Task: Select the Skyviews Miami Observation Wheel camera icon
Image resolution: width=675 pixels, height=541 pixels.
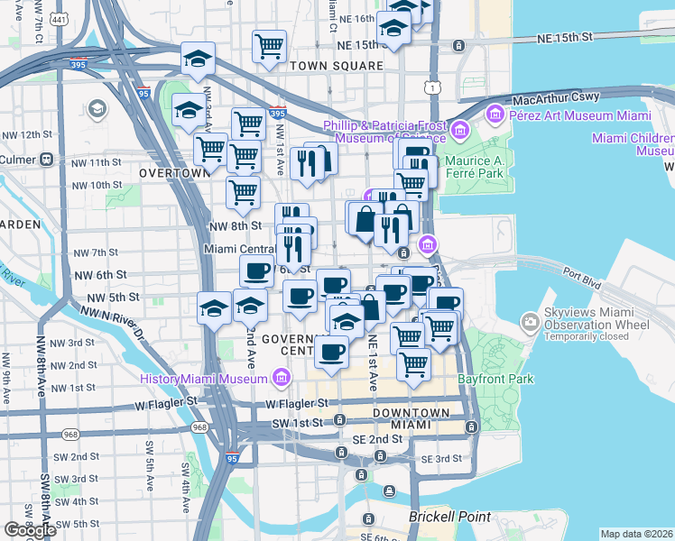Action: pyautogui.click(x=531, y=322)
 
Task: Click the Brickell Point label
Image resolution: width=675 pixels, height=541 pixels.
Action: pyautogui.click(x=449, y=518)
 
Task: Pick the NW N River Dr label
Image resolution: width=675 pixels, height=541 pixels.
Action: pyautogui.click(x=112, y=319)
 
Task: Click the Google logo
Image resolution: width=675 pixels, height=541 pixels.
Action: pyautogui.click(x=30, y=530)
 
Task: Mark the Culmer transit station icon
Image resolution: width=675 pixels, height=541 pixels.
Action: pyautogui.click(x=45, y=159)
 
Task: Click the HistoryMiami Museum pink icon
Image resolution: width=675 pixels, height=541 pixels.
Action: pyautogui.click(x=282, y=375)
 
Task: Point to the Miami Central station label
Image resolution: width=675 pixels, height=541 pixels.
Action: pyautogui.click(x=240, y=249)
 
